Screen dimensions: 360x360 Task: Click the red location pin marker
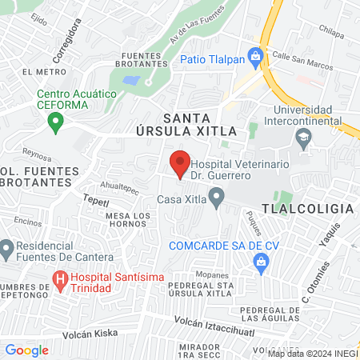pyautogui.click(x=181, y=163)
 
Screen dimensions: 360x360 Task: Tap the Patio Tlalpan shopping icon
pyautogui.click(x=255, y=56)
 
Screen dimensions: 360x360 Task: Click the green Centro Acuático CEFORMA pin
pyautogui.click(x=55, y=122)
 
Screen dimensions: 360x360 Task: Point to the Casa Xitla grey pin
pyautogui.click(x=215, y=196)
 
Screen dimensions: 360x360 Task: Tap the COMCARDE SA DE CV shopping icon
pyautogui.click(x=260, y=261)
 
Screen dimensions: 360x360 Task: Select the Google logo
pyautogui.click(x=26, y=350)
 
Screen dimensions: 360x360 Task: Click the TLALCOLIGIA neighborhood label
pyautogui.click(x=317, y=208)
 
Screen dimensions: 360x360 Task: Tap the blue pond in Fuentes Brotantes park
pyautogui.click(x=132, y=81)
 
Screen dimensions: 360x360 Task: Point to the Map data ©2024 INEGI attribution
pyautogui.click(x=313, y=354)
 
